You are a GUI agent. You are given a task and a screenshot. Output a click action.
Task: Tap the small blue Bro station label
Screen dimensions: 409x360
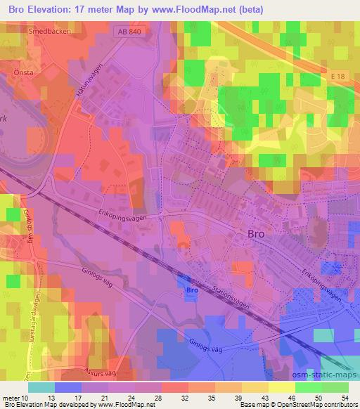coord(189,290)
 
